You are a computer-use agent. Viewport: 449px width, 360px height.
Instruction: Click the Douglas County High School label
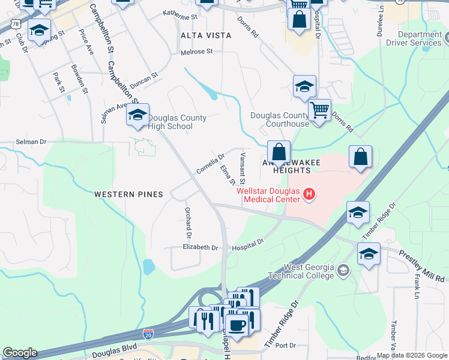coord(178,122)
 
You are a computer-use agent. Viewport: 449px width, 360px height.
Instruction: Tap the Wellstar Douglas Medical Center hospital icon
coord(309,194)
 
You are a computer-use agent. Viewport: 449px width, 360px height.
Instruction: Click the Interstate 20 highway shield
coord(148,332)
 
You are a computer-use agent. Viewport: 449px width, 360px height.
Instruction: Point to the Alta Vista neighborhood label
coord(206,35)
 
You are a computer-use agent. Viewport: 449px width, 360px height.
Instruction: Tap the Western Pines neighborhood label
coord(128,194)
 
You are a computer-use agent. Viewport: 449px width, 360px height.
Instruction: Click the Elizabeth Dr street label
coord(200,247)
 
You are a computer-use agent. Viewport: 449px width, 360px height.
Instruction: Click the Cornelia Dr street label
coord(210,163)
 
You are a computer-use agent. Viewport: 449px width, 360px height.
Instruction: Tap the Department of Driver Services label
coord(420,39)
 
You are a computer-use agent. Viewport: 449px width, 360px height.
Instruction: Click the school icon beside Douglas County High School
coord(137,115)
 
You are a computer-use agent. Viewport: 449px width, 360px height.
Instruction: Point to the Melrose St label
coord(197,52)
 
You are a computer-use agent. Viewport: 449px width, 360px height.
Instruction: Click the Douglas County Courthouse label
coord(279,119)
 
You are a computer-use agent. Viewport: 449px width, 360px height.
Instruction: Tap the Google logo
coord(20,353)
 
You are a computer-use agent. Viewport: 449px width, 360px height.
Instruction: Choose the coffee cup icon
coord(237,325)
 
